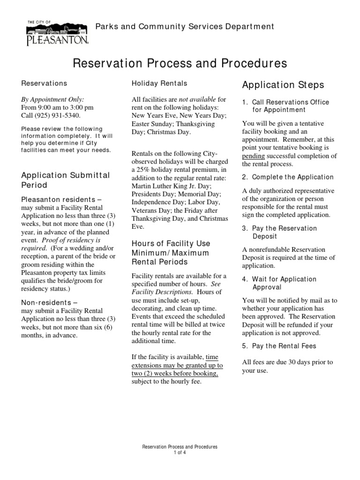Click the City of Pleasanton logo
[x=57, y=33]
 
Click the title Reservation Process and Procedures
[x=180, y=63]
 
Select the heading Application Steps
[x=283, y=85]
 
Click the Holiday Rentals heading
[x=159, y=83]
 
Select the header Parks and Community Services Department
[x=185, y=27]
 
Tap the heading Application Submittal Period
[x=65, y=180]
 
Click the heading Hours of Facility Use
[x=171, y=244]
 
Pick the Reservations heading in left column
[x=44, y=83]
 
